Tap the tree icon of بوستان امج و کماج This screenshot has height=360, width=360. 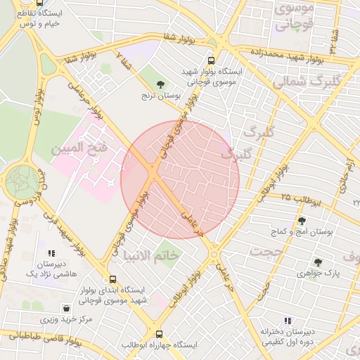tap(302, 221)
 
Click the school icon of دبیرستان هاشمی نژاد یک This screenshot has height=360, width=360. tap(51, 253)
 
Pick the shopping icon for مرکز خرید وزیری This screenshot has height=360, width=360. tap(66, 308)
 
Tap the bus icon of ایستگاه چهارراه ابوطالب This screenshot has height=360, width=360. tap(159, 335)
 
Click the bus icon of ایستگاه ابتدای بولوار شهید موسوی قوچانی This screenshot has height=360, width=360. tap(114, 279)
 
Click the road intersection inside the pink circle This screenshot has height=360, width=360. tap(153, 174)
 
